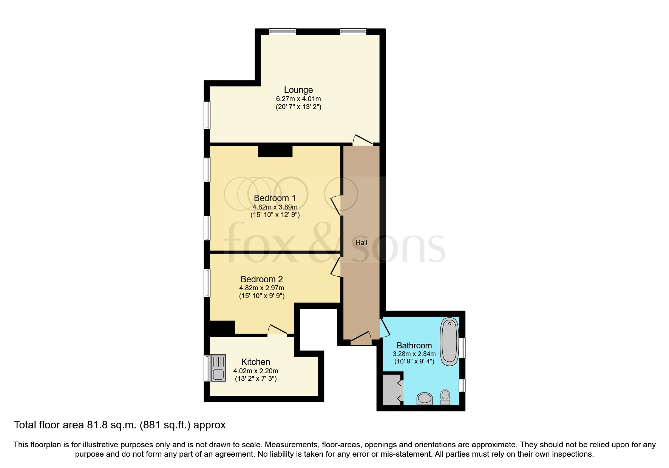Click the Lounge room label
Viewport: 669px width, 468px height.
298,90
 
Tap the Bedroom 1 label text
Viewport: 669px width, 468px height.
275,198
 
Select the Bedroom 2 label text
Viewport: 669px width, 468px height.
261,279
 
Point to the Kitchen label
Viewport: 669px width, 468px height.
256,362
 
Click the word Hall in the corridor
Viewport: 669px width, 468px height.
361,243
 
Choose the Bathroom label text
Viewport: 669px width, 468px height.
414,345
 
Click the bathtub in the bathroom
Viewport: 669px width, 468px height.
449,342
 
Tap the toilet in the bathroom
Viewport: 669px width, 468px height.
445,397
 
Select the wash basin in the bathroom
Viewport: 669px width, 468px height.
425,399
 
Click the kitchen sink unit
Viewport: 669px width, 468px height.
218,368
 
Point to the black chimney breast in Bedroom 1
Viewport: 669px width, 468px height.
275,151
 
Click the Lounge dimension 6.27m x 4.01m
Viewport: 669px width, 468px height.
298,99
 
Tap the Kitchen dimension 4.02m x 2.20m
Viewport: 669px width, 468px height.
256,371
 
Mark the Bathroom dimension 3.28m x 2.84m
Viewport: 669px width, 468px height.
414,354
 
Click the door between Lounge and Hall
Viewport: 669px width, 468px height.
362,140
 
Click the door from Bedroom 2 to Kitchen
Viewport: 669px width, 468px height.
277,329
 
